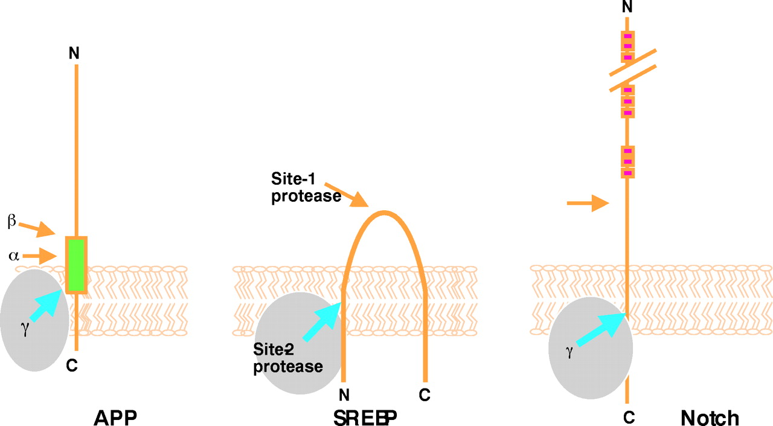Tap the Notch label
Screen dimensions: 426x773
click(x=710, y=418)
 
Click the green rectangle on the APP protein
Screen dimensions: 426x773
click(x=76, y=265)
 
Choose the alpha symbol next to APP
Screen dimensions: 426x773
click(x=13, y=256)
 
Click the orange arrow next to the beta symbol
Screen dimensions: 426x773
click(x=37, y=229)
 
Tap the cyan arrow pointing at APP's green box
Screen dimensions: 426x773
click(x=46, y=306)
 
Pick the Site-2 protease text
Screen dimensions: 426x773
click(x=288, y=358)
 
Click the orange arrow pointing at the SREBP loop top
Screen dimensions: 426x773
click(x=349, y=196)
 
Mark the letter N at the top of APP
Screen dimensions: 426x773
click(x=74, y=53)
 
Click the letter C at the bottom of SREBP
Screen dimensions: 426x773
click(x=425, y=395)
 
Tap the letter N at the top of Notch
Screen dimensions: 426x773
click(x=627, y=7)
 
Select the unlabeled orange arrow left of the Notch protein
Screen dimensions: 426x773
click(x=588, y=204)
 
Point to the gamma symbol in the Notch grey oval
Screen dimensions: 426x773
click(x=568, y=352)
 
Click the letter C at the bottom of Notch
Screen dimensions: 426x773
click(x=629, y=417)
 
